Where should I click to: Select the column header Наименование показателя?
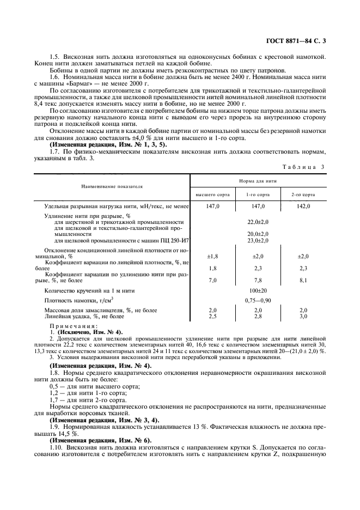[x=112, y=186]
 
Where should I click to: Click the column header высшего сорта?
[x=212, y=195]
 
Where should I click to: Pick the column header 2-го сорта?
[x=304, y=195]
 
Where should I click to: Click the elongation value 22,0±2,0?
[x=258, y=222]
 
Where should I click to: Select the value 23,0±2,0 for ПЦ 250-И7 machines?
[x=258, y=240]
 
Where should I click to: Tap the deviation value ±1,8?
[x=212, y=256]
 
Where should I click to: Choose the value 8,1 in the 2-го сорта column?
[x=303, y=280]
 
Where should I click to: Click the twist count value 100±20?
[x=258, y=291]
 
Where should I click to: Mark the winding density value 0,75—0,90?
[x=258, y=300]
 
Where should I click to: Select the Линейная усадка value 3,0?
[x=303, y=316]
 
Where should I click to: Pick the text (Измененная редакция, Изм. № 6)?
[x=101, y=439]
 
